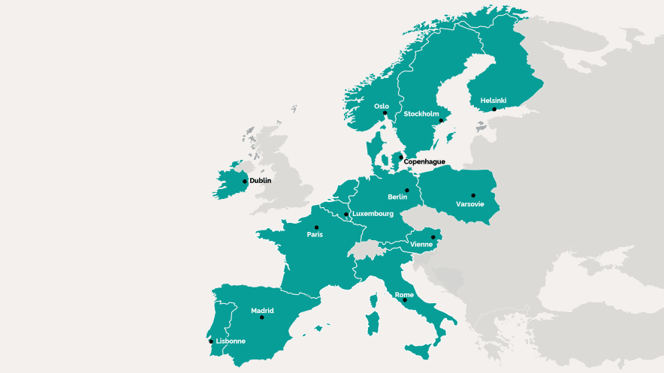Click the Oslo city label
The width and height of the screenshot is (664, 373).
pyautogui.click(x=382, y=107)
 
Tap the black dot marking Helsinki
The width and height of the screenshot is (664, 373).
pyautogui.click(x=494, y=109)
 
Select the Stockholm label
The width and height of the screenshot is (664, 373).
pyautogui.click(x=421, y=114)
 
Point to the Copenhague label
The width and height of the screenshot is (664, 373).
pyautogui.click(x=424, y=161)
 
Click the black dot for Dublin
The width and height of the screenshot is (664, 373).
pyautogui.click(x=245, y=181)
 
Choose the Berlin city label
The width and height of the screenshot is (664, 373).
pyautogui.click(x=397, y=197)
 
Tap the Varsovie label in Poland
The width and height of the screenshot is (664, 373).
pyautogui.click(x=470, y=204)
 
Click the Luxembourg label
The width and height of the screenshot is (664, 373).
pyautogui.click(x=373, y=214)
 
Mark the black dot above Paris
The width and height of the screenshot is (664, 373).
pyautogui.click(x=316, y=227)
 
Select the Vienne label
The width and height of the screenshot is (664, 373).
pyautogui.click(x=421, y=245)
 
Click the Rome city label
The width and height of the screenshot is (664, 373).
pyautogui.click(x=404, y=295)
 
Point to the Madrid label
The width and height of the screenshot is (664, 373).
pyautogui.click(x=262, y=310)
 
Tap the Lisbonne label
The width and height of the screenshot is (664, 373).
pyautogui.click(x=231, y=341)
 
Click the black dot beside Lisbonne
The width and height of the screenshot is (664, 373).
pyautogui.click(x=211, y=341)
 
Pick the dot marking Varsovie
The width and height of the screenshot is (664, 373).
pyautogui.click(x=473, y=195)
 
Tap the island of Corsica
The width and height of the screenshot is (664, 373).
pyautogui.click(x=373, y=302)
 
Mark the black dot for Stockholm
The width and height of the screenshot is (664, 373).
pyautogui.click(x=441, y=120)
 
